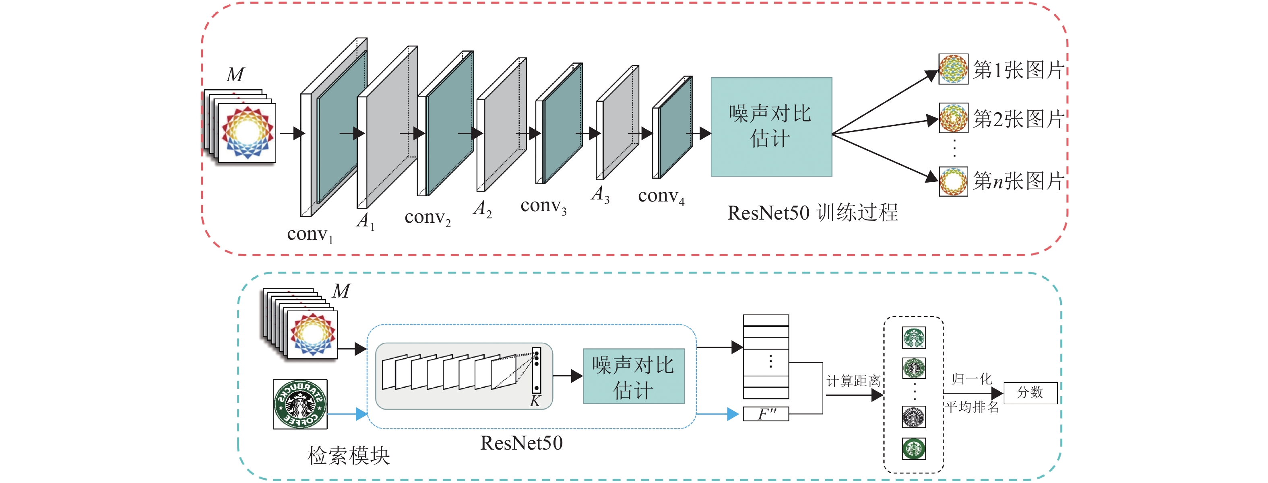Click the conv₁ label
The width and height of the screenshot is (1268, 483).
[x=310, y=234]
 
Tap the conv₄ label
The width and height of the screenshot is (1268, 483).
[x=661, y=196]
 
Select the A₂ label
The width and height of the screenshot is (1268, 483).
[x=482, y=209]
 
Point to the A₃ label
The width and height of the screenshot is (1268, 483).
[x=600, y=194]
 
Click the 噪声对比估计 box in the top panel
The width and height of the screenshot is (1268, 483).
[x=771, y=127]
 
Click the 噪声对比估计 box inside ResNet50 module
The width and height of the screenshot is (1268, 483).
[x=634, y=376]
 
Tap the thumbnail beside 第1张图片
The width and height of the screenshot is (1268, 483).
[x=953, y=69]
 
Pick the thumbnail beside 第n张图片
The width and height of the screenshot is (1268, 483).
[x=953, y=181]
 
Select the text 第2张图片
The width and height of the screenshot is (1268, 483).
[x=1018, y=119]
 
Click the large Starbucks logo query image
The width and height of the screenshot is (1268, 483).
[x=300, y=404]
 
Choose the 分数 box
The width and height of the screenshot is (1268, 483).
[x=1030, y=393]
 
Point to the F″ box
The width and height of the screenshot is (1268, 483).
[x=766, y=414]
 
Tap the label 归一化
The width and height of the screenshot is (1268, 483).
[x=971, y=379]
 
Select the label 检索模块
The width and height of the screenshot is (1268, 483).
[x=349, y=456]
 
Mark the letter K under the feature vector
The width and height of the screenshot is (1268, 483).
[x=535, y=401]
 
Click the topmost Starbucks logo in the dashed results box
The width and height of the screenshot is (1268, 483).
[x=914, y=338]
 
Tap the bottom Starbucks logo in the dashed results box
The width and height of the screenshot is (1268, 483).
[x=914, y=448]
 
